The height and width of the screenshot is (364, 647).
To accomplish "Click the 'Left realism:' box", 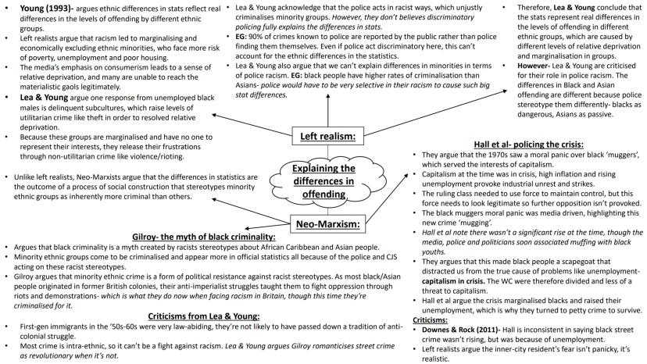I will pos(327,137).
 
